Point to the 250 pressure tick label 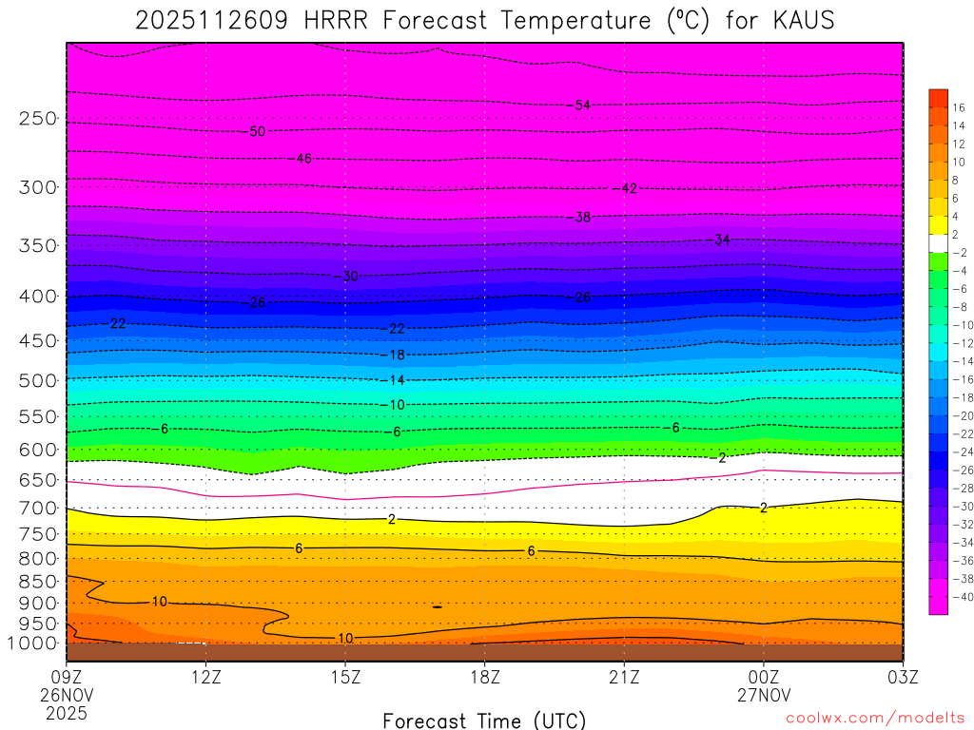[37, 119]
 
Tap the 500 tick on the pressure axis [37, 380]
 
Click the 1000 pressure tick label [33, 644]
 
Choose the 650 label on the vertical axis [37, 480]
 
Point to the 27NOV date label [764, 694]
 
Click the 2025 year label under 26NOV [66, 712]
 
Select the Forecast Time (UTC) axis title [484, 720]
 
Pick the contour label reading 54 [583, 105]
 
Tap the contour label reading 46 [304, 159]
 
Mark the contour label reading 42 [629, 189]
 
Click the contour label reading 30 [350, 277]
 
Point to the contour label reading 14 [397, 380]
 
